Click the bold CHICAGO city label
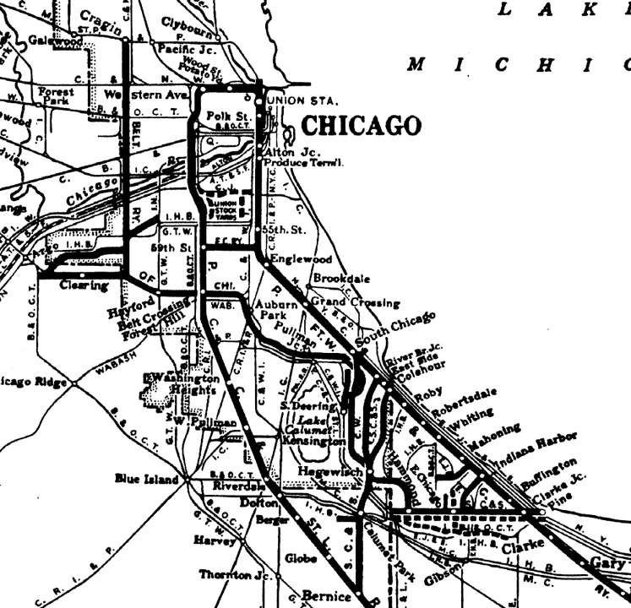361,126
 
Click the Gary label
607,563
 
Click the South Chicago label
396,329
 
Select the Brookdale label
338,278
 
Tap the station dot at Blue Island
184,480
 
